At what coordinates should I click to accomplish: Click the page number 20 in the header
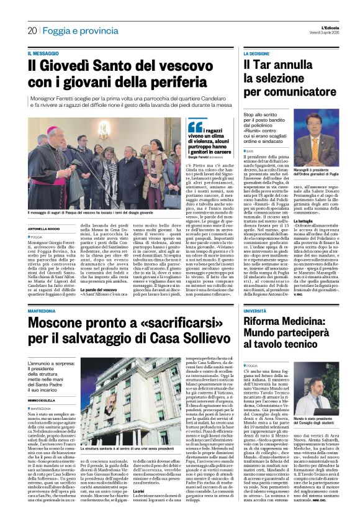click(x=32, y=30)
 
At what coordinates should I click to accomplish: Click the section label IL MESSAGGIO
click(x=46, y=54)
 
